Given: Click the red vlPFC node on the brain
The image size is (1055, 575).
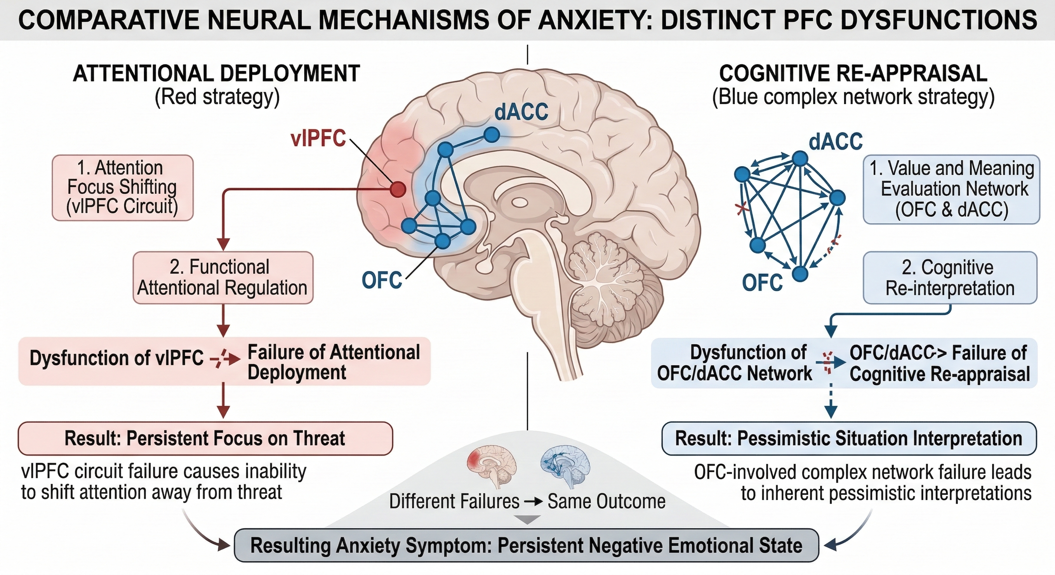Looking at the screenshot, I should point(397,189).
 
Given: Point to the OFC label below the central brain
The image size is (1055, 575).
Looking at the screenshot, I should point(382,280).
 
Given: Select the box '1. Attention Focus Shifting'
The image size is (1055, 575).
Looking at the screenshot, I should point(123,188).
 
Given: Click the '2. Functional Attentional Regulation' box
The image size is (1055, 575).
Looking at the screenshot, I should point(223,277).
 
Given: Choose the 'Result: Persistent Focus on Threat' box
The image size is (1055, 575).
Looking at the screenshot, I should point(205,438).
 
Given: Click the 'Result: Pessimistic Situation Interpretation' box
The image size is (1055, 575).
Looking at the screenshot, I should point(849,439).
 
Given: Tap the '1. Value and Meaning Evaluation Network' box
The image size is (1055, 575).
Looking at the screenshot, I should point(951,189).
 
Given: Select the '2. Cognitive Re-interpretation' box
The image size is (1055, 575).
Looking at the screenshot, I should point(950,278).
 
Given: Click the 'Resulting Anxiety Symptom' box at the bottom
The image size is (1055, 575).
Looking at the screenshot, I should point(526,545).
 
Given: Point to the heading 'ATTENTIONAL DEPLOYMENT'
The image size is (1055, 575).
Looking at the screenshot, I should point(216,74).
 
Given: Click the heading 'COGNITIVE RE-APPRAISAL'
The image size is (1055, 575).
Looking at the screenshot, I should point(853,74).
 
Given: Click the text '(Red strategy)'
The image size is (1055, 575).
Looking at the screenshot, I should point(217,98).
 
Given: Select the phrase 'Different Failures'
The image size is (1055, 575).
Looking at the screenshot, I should point(454,501).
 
